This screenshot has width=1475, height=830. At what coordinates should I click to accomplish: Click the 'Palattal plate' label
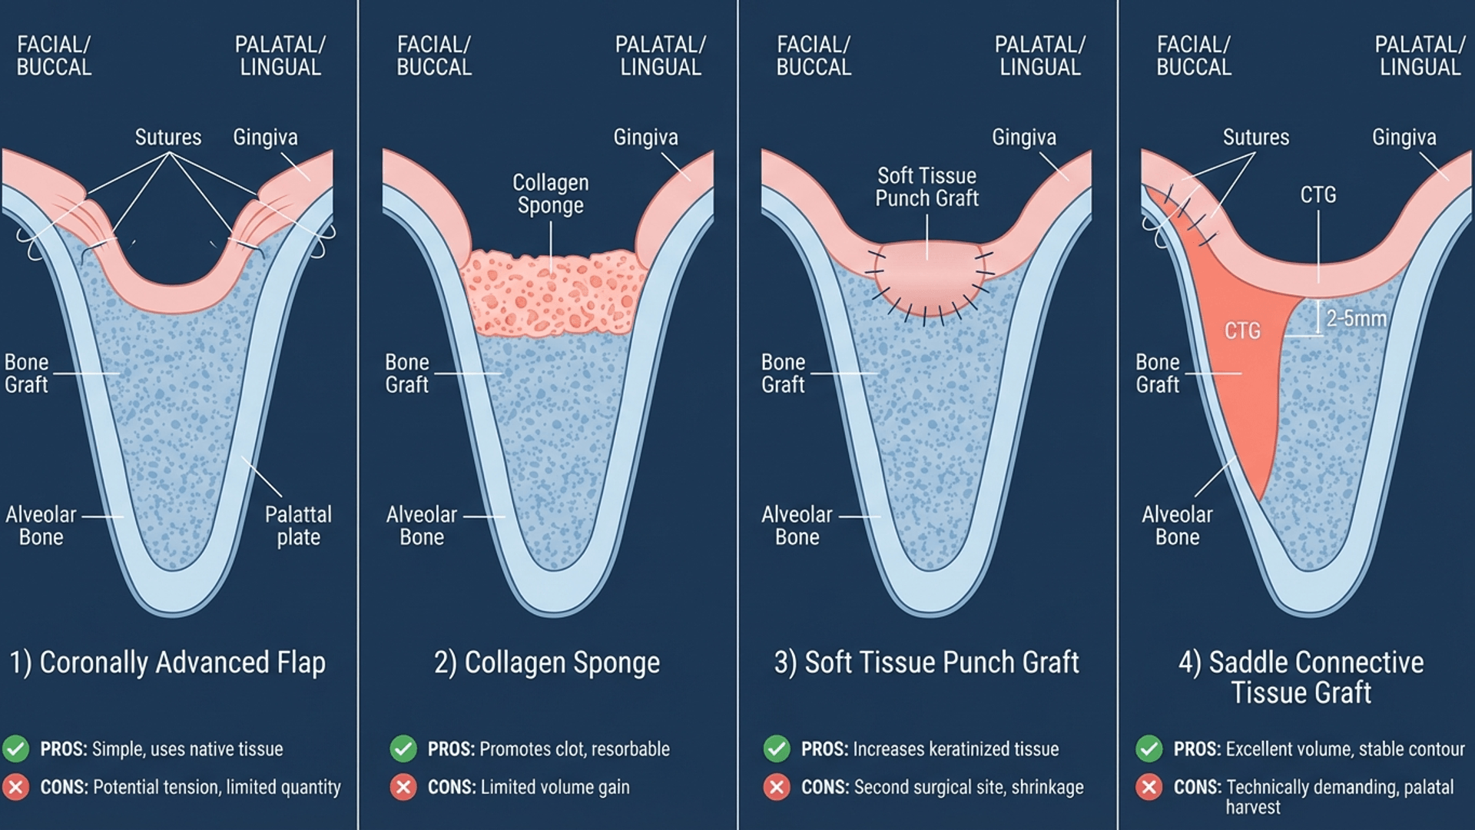298,526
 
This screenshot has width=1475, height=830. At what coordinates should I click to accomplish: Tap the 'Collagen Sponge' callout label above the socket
550,194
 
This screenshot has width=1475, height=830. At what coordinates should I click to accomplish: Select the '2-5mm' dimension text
1356,318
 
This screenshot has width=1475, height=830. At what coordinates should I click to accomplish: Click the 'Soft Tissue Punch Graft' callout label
926,187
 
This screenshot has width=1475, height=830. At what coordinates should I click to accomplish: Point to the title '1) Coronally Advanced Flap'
167,662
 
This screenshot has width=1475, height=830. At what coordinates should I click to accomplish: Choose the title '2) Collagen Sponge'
547,662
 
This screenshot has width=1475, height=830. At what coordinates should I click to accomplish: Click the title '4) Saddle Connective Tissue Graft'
1301,677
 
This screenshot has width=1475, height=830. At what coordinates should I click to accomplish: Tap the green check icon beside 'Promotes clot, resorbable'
403,749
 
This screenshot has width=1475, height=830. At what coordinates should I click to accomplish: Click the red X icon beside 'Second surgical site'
777,787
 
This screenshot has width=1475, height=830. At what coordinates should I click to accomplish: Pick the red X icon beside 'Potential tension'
16,787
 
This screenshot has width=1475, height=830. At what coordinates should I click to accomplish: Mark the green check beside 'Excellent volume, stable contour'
1149,749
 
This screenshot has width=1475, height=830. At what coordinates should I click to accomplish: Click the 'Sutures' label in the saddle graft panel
1256,138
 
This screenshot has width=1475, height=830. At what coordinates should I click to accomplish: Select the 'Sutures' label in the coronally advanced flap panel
168,138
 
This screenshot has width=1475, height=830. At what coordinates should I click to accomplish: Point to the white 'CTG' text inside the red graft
1242,331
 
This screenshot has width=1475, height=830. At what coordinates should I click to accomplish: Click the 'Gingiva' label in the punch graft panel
1024,138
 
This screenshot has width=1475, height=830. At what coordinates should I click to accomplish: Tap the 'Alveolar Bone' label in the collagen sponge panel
422,526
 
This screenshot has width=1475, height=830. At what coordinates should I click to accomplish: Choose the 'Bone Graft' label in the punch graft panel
783,373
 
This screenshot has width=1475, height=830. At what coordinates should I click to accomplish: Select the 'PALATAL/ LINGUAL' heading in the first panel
280,56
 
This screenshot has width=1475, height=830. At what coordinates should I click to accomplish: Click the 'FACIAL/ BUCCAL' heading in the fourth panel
1194,56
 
